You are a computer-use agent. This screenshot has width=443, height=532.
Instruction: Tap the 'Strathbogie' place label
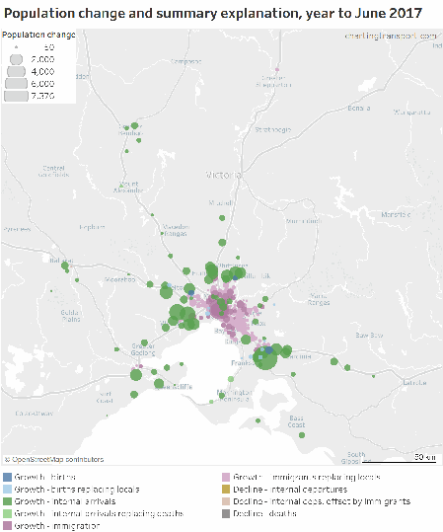(x=273, y=129)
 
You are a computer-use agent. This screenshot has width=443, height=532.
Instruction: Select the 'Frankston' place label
(x=242, y=364)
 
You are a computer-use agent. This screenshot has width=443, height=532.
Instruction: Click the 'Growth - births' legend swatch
(x=7, y=477)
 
